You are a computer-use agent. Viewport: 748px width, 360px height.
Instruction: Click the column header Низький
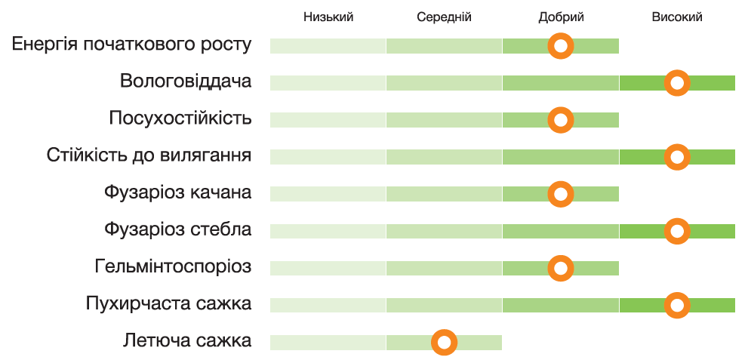coord(328,17)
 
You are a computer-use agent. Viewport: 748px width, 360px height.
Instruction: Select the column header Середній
coord(444,17)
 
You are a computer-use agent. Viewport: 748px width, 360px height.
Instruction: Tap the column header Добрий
coord(561,17)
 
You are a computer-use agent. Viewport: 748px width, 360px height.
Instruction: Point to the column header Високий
coord(677,17)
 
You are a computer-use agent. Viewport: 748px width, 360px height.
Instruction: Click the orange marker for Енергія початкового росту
coord(561,46)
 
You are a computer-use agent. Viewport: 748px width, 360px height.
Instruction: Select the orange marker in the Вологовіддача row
coord(677,83)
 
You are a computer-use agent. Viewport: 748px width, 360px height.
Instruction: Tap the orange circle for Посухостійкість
coord(561,120)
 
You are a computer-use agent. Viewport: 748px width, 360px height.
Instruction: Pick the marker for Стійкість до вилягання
coord(677,157)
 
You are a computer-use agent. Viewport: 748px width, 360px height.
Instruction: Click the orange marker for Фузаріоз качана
coord(561,194)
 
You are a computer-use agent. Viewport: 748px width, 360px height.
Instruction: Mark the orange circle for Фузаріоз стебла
coord(677,231)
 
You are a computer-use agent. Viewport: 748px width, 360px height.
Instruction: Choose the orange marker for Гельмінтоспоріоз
coord(561,268)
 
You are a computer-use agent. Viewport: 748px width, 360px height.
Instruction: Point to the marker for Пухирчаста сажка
coord(677,305)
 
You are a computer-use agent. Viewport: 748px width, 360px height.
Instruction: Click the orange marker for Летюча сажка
coord(445,343)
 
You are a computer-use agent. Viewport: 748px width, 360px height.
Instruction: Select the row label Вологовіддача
coord(186,82)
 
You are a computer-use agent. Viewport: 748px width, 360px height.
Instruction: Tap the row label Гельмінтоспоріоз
coord(174,266)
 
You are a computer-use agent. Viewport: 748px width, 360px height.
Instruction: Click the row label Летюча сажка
coord(187,341)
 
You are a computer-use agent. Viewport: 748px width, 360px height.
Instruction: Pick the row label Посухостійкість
coord(180,118)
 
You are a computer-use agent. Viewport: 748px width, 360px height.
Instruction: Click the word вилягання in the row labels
coord(205,156)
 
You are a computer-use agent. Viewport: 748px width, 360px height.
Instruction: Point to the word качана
coord(219,192)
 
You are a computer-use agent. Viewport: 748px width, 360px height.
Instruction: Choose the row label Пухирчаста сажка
coord(168,304)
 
